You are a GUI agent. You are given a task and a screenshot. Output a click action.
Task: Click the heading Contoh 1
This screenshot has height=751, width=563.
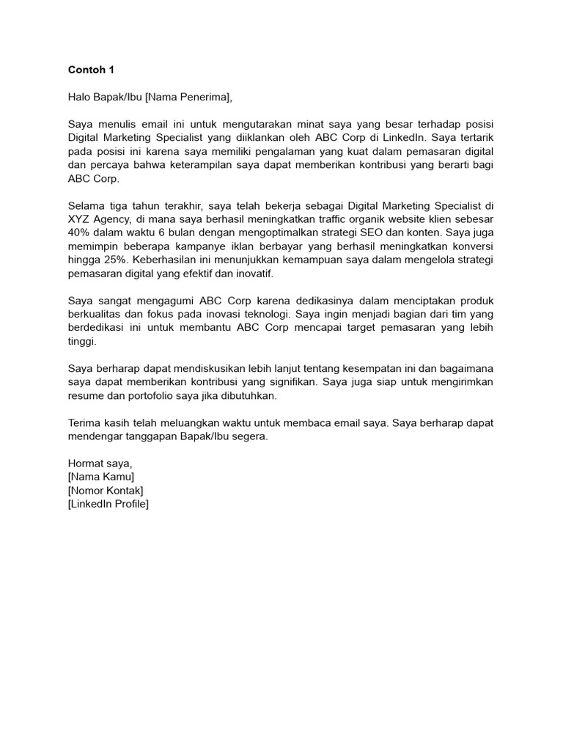[x=91, y=70]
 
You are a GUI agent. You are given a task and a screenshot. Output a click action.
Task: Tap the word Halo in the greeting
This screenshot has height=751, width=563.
[x=80, y=97]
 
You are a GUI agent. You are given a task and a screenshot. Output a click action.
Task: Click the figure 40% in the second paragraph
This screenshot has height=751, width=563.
[x=79, y=232]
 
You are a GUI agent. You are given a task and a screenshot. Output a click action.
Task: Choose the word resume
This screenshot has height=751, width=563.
[x=87, y=395]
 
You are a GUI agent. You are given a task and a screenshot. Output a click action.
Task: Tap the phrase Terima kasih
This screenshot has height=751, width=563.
[x=99, y=422]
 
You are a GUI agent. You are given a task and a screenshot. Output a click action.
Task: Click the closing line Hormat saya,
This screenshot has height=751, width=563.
[x=100, y=464]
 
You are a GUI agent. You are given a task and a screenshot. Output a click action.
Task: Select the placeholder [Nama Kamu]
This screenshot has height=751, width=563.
[x=100, y=477]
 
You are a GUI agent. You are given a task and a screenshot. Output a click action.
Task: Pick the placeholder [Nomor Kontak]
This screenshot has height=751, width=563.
[x=105, y=490]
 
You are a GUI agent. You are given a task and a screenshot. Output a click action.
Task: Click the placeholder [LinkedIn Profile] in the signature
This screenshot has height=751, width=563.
[x=108, y=504]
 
